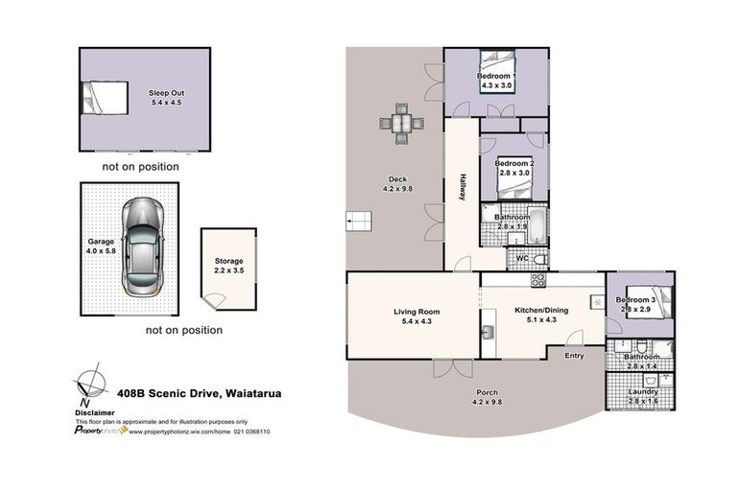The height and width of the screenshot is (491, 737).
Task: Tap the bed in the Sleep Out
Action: [x=104, y=98]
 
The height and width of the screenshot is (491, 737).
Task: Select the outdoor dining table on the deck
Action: [x=401, y=124]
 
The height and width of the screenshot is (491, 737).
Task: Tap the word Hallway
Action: [x=462, y=185]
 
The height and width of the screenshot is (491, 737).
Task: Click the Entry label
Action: [x=574, y=356]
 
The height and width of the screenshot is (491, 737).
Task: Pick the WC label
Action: [x=522, y=258]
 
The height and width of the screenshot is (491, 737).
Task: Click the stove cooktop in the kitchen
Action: [x=537, y=281]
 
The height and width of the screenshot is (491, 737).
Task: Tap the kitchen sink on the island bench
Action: [x=488, y=333]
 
